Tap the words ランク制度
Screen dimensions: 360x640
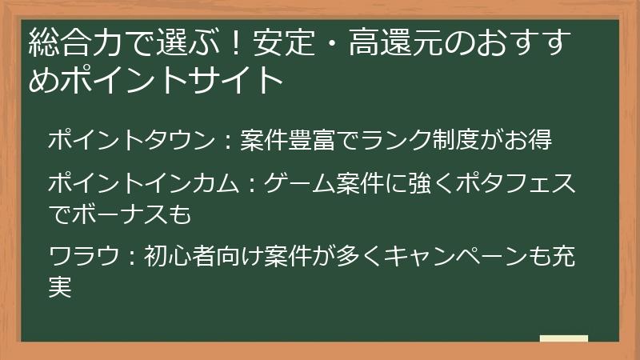(x=418, y=139)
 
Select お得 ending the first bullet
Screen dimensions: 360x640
(x=529, y=139)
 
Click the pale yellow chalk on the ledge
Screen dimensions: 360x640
(x=563, y=339)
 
